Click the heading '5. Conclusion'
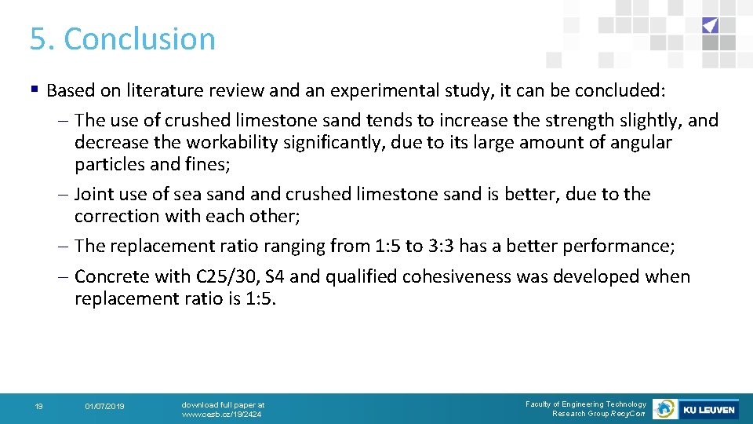[122, 39]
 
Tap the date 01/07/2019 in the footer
[104, 407]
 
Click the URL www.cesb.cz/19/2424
[222, 414]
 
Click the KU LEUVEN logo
[708, 409]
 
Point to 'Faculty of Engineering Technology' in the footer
[586, 404]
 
